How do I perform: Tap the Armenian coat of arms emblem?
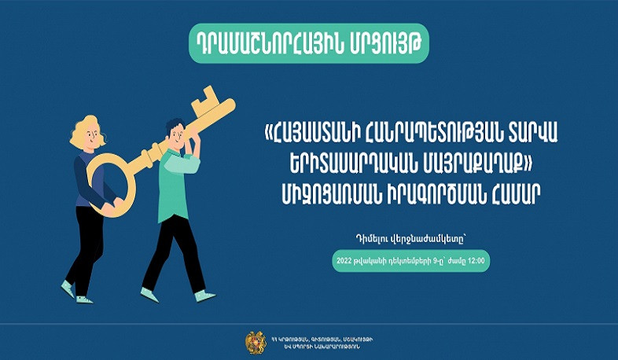point(255,341)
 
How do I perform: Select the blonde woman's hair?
point(86,130)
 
